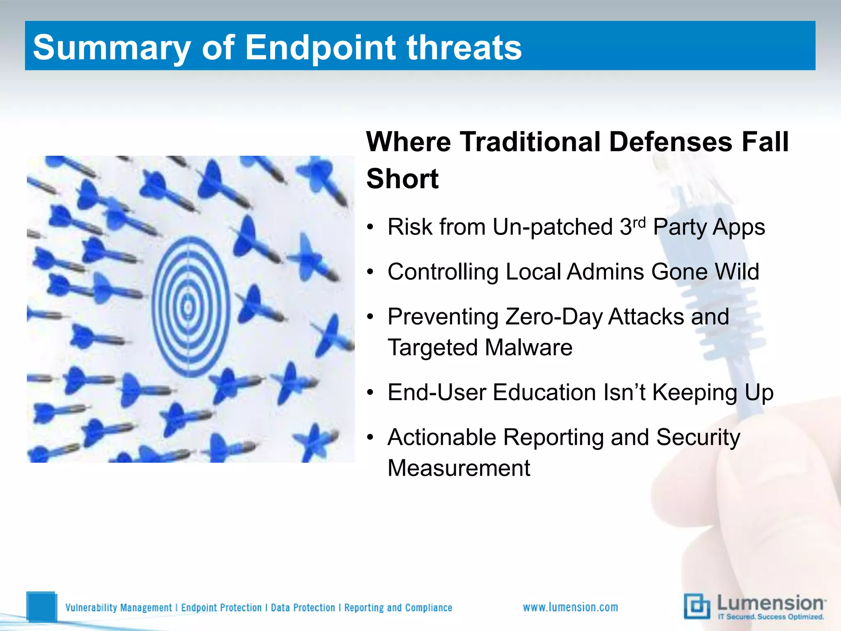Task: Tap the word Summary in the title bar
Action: coord(111,48)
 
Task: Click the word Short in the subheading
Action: coord(402,179)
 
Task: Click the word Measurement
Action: coord(459,468)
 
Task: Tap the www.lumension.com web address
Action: coord(570,607)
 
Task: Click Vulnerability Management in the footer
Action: coord(119,608)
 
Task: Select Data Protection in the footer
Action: coord(303,608)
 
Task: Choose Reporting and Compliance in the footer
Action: coord(398,608)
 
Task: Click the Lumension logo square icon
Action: coord(696,606)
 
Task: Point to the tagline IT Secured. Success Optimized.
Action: coord(771,617)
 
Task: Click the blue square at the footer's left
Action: coord(41,606)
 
